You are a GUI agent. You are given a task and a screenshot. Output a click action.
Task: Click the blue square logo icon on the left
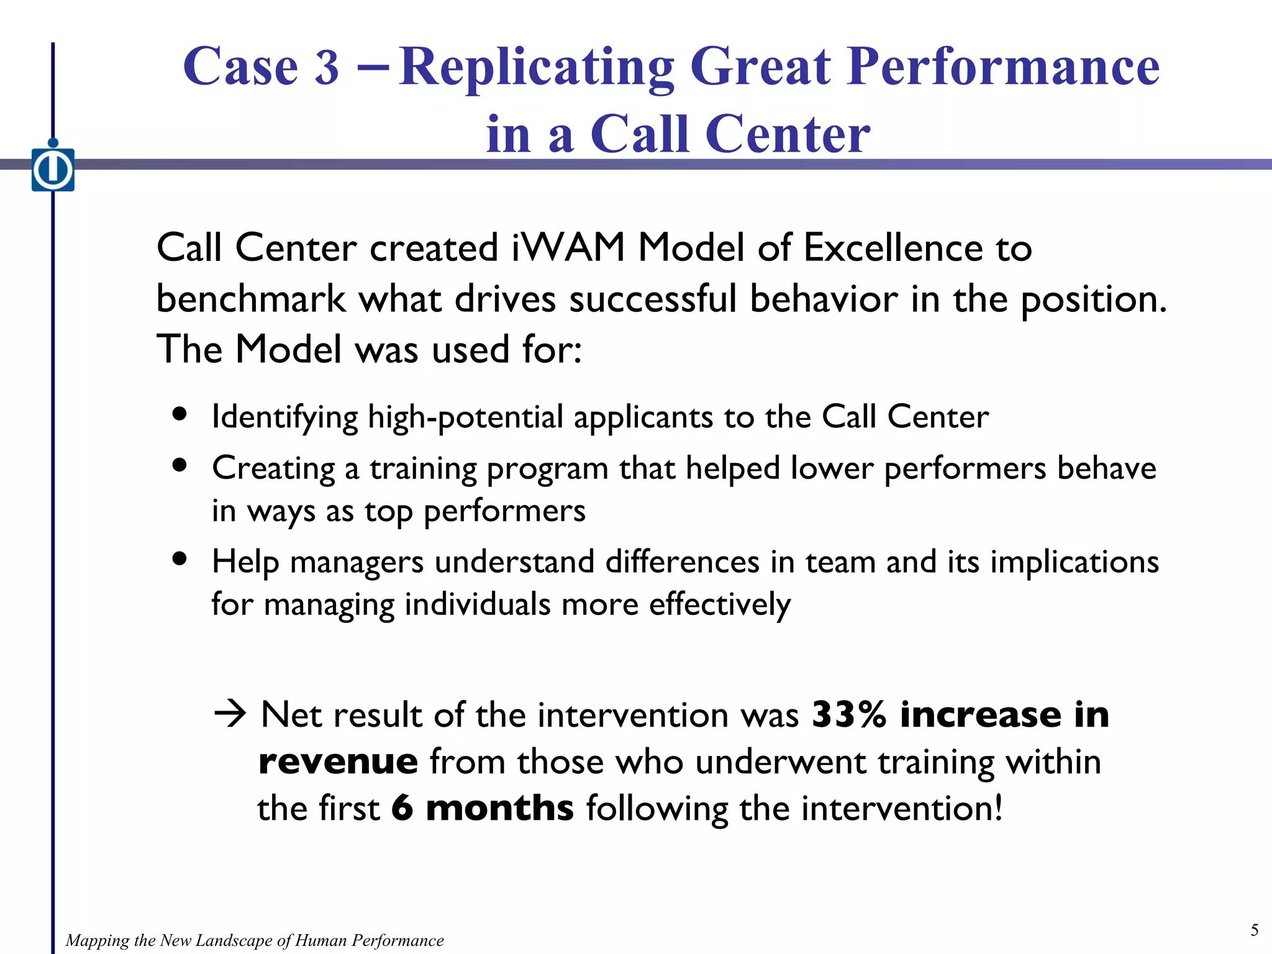53,169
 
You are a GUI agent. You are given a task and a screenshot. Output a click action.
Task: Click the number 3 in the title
327,67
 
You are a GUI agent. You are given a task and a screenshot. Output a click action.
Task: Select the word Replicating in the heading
537,68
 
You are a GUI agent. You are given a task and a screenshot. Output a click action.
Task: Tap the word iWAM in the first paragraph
568,248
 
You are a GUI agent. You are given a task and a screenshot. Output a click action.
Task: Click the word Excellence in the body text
893,248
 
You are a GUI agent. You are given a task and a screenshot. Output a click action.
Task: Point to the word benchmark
250,299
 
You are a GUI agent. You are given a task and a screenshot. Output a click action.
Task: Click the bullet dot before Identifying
180,414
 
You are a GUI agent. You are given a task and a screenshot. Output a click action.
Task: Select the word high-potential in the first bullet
465,417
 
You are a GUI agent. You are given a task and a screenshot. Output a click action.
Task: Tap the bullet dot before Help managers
180,558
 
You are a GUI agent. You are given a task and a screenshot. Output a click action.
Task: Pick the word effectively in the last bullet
720,605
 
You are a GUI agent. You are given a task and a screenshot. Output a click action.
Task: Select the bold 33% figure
849,714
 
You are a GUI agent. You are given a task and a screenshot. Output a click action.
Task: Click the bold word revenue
338,762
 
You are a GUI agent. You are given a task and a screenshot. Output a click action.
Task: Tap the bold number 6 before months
402,808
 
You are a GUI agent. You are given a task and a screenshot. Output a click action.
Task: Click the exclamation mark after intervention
998,808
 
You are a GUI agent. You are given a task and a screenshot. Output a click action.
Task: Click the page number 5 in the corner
1254,930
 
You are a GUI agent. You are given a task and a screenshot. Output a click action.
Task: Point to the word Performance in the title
1004,67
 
